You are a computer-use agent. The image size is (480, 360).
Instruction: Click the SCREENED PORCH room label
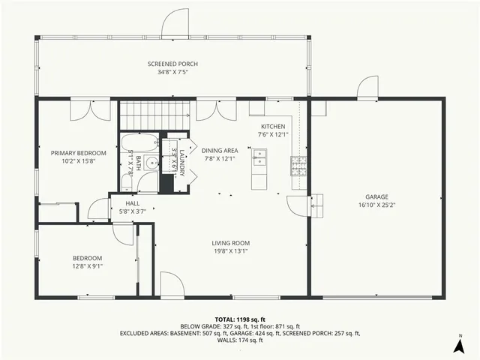(x=172, y=64)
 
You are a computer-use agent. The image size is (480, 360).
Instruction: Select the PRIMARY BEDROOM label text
(x=79, y=153)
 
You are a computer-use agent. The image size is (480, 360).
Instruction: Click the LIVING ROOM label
(x=231, y=243)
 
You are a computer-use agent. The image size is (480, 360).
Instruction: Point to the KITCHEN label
(x=272, y=127)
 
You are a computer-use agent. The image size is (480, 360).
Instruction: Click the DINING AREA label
(x=220, y=150)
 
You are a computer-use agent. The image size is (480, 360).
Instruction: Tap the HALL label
(x=132, y=203)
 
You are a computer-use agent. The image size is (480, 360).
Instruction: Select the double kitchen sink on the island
(x=260, y=157)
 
